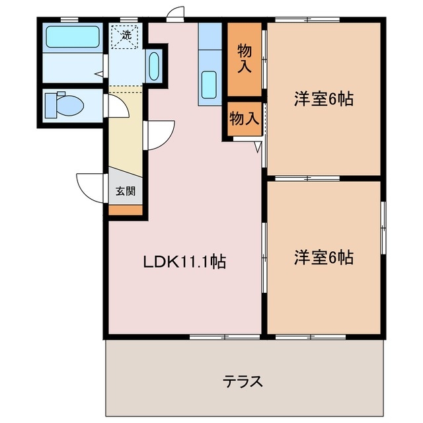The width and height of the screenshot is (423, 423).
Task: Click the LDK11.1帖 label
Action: pos(185,262)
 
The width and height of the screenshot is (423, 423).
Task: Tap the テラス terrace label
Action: pos(243,381)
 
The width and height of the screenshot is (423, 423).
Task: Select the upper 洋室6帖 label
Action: pos(323,99)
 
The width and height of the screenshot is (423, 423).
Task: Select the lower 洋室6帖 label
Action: pos(323,257)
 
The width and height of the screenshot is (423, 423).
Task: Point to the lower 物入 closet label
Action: pos(243,119)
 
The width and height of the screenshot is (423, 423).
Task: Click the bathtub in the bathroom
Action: pos(73,37)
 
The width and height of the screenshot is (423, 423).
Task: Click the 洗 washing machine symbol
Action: pos(125,34)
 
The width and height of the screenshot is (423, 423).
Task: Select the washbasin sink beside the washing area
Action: pos(154,66)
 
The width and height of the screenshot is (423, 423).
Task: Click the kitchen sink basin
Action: pos(210,85)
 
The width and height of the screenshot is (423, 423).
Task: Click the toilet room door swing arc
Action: pos(118,106)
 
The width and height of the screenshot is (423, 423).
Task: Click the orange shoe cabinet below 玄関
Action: pos(126,211)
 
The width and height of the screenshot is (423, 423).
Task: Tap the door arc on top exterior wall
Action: pos(175,14)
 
